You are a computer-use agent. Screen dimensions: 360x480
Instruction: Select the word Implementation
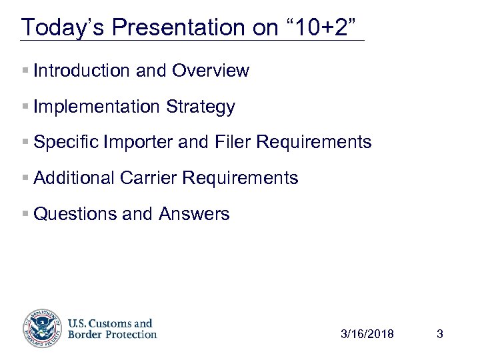(x=95, y=107)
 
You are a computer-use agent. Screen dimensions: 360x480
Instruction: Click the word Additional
(x=74, y=178)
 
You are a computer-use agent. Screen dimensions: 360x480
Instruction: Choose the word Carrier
(x=150, y=178)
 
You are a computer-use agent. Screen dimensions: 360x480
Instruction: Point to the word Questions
(x=72, y=214)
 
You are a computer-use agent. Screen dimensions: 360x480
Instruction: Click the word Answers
(x=194, y=214)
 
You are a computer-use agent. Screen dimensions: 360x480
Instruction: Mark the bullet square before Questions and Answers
(x=25, y=214)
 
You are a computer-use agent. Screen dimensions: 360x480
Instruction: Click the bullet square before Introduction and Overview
(x=25, y=71)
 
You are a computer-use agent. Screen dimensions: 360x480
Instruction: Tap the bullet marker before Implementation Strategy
(x=25, y=107)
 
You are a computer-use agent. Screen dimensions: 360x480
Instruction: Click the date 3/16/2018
(x=367, y=334)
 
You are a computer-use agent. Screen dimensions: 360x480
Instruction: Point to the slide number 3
(x=439, y=334)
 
